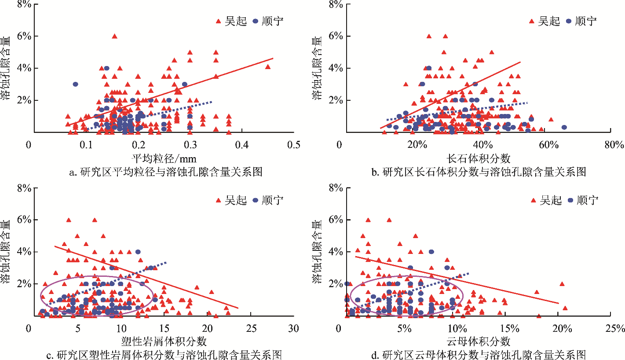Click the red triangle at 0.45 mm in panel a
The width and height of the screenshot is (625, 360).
point(268,67)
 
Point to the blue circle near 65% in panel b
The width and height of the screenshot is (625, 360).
point(564,127)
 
